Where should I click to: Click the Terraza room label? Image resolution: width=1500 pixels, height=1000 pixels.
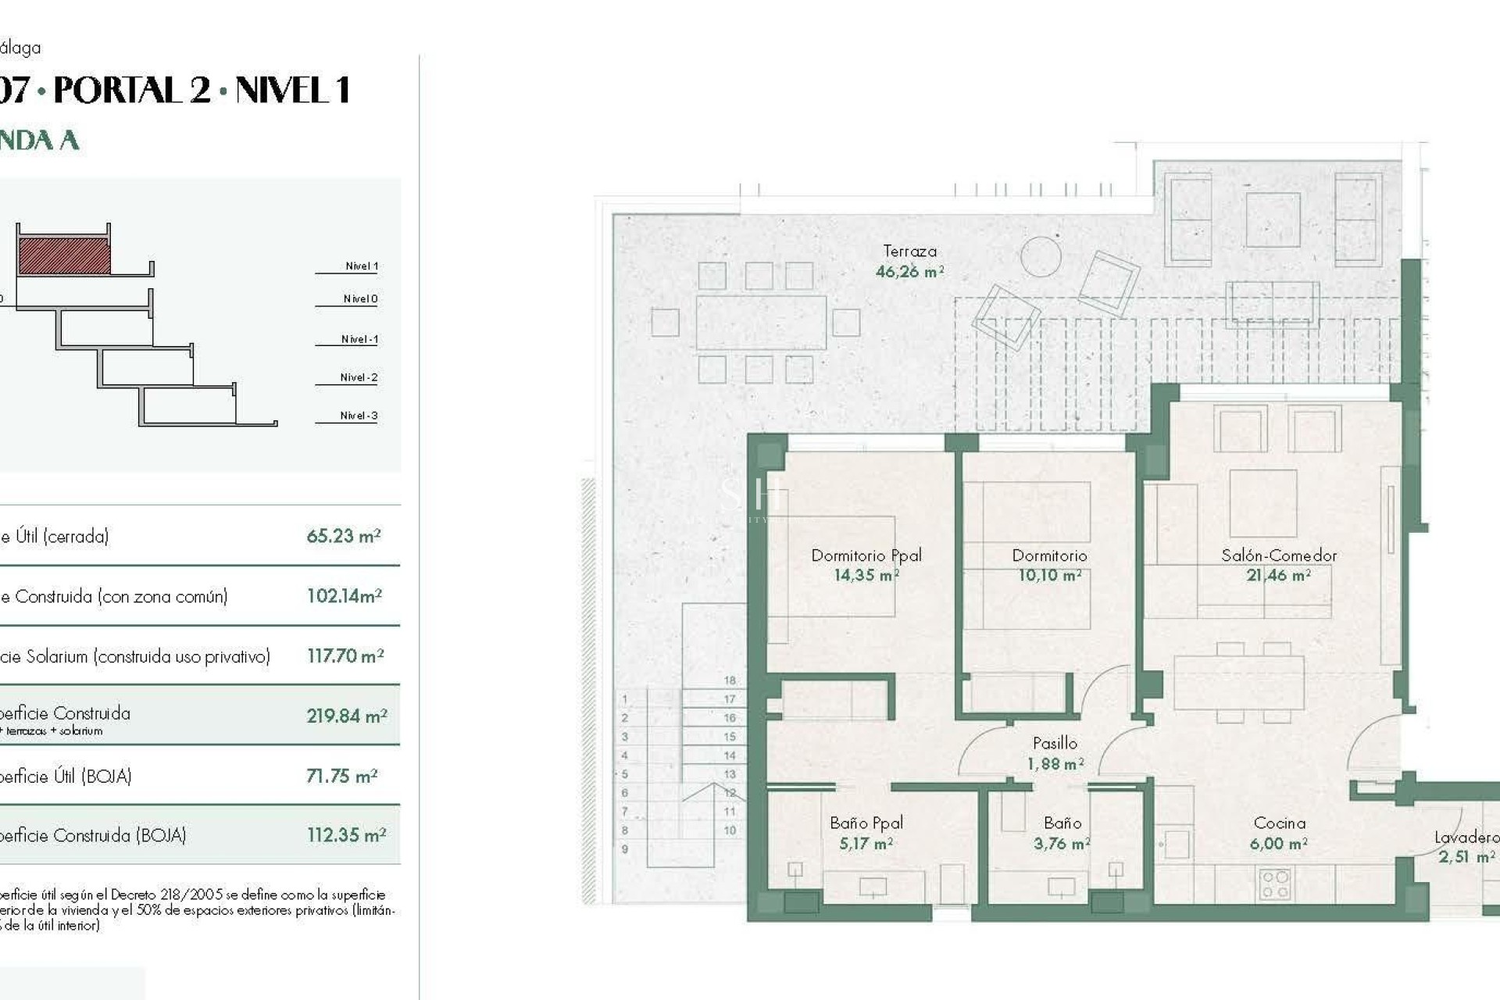(x=909, y=252)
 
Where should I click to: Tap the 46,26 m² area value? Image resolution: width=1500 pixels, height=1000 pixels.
(x=909, y=272)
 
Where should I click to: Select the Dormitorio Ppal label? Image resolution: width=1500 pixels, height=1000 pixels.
(x=866, y=555)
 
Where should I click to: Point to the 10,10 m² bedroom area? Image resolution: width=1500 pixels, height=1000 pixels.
(x=1049, y=576)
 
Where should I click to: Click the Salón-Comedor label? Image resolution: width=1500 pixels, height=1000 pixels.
(x=1279, y=555)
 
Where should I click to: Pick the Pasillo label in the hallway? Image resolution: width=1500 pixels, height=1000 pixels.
(x=1055, y=743)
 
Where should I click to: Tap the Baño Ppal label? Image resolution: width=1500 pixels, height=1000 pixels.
(x=866, y=823)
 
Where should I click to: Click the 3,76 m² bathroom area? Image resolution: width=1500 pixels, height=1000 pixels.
(x=1061, y=844)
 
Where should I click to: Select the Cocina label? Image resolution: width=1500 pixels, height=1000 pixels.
(x=1279, y=823)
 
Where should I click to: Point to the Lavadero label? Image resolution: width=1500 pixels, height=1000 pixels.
(x=1466, y=837)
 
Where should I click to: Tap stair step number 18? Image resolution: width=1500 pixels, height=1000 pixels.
(x=730, y=680)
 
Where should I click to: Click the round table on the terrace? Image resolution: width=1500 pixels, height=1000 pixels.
(x=1041, y=256)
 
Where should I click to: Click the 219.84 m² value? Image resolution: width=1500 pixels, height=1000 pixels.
(x=347, y=716)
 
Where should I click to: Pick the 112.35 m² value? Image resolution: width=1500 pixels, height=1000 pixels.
(x=347, y=835)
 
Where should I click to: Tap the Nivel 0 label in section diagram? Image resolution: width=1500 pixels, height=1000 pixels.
(x=360, y=299)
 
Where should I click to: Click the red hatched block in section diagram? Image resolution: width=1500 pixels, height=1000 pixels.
(x=64, y=256)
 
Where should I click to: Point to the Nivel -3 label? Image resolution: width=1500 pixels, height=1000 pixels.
(x=359, y=416)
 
